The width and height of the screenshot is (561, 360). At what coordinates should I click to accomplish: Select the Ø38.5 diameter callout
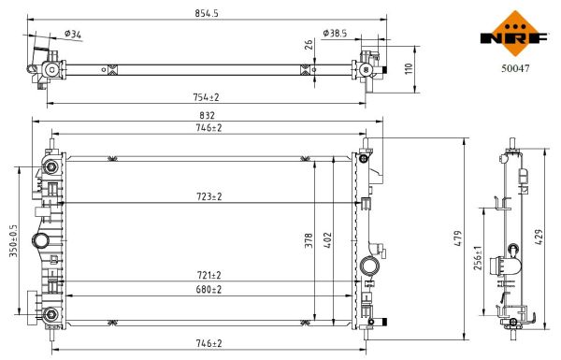click(x=334, y=34)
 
